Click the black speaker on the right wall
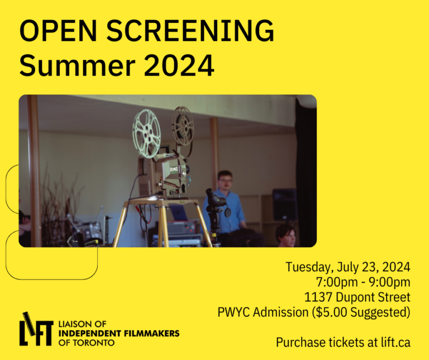[284, 204]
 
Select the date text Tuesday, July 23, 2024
[348, 267]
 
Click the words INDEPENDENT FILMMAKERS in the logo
[118, 333]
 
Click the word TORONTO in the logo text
[89, 342]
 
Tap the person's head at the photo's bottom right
[287, 234]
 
